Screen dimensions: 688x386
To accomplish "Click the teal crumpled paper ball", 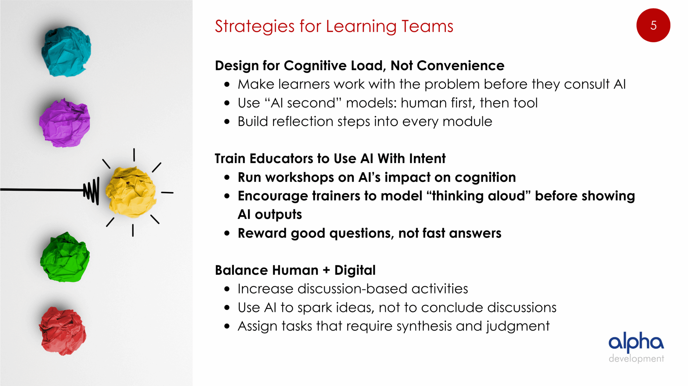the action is point(66,51).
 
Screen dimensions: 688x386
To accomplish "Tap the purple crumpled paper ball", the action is point(64,123).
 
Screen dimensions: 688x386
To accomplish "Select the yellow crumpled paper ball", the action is point(131,192).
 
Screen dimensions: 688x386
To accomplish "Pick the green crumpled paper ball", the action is point(65,257).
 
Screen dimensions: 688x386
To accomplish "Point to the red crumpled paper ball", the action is point(62,331).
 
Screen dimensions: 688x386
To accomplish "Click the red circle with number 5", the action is point(653,25).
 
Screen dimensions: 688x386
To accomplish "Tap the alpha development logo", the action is point(636,347).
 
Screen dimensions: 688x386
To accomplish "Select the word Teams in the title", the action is point(427,26).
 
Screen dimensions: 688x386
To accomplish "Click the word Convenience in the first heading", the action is point(461,66).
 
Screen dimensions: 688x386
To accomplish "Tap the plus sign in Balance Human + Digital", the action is point(326,270).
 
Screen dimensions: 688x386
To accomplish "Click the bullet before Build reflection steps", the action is point(227,122).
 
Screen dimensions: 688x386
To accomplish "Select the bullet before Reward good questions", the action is point(227,233).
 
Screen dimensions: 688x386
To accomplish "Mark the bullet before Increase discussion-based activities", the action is point(227,289).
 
